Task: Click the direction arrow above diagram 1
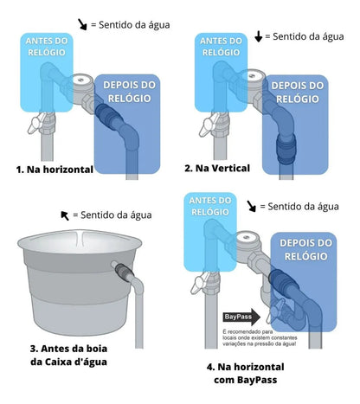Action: pos(82,25)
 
